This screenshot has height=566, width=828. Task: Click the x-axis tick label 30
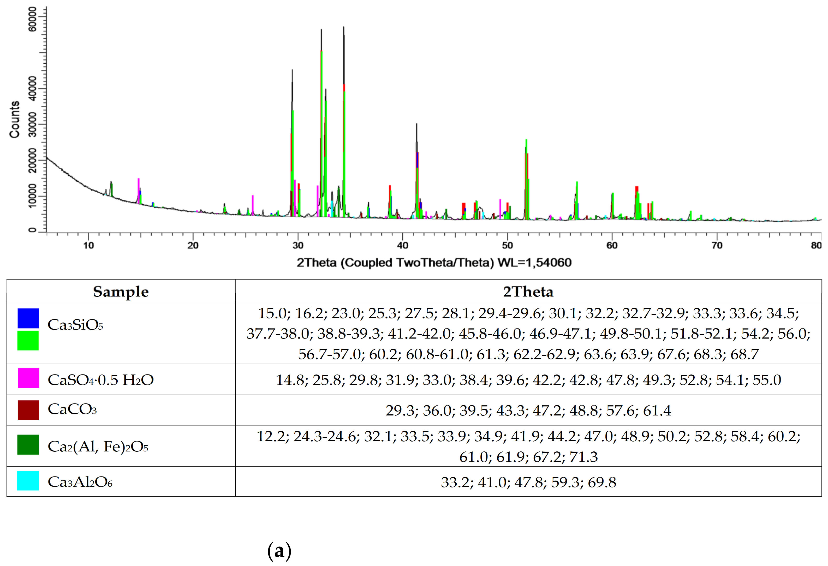point(298,245)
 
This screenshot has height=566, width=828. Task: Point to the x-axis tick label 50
point(507,245)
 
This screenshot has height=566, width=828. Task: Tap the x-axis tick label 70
point(717,245)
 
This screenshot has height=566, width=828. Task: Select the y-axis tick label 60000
point(33,19)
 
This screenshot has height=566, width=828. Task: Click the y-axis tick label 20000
point(33,160)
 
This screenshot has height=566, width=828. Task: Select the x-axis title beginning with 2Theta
point(434,263)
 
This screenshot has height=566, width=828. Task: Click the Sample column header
point(121,292)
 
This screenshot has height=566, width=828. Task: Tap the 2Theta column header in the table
point(528,292)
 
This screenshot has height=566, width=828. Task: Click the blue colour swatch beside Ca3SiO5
point(28,318)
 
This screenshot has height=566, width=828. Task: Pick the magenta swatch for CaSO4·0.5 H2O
point(28,378)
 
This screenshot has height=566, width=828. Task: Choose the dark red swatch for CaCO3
point(28,410)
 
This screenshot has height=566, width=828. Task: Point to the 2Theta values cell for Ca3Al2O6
point(528,482)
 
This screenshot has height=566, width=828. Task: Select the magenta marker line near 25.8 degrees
point(253,205)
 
